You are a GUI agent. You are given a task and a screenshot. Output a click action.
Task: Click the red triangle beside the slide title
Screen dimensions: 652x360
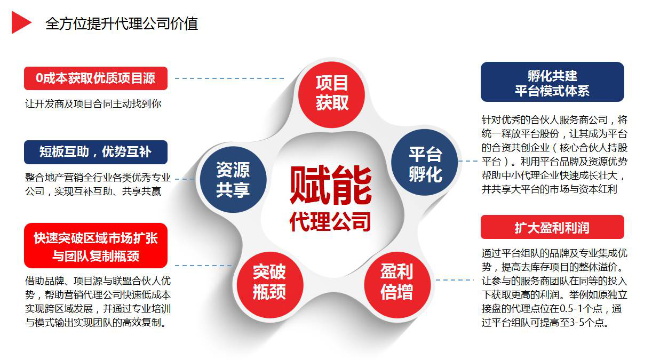point(20,22)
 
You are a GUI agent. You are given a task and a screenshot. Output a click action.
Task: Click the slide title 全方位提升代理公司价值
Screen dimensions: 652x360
point(122,23)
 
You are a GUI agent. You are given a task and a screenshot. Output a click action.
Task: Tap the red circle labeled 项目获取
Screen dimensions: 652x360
point(332,94)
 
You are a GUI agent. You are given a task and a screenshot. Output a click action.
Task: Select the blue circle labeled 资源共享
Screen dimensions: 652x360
point(233,179)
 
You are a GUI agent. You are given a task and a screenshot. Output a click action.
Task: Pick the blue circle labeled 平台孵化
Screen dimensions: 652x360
point(425,162)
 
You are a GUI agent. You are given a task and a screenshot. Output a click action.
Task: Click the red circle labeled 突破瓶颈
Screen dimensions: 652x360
point(269,284)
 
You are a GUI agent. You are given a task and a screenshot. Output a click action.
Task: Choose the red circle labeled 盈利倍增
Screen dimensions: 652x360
point(397,284)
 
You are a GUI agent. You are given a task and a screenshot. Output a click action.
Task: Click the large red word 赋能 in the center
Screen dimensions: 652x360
point(331,185)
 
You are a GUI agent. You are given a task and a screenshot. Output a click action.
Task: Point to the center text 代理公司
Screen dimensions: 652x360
point(330,222)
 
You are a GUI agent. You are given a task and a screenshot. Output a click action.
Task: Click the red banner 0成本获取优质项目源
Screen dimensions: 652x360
point(96,78)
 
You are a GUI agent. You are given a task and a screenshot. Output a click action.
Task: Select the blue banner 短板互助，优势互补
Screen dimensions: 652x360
point(96,152)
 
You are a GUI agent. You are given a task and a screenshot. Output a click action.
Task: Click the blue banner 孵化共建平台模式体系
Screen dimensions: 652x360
point(552,82)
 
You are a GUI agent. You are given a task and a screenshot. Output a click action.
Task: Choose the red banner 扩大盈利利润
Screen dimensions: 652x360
point(552,227)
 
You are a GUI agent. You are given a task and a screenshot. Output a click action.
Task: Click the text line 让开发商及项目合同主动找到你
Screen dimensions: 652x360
point(93,104)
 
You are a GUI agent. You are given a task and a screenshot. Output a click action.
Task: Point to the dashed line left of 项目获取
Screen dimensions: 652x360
point(229,78)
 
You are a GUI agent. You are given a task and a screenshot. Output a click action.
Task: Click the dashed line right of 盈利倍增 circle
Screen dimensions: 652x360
point(455,280)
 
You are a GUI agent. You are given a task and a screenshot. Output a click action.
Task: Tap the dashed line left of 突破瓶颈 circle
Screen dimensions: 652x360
point(203,266)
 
